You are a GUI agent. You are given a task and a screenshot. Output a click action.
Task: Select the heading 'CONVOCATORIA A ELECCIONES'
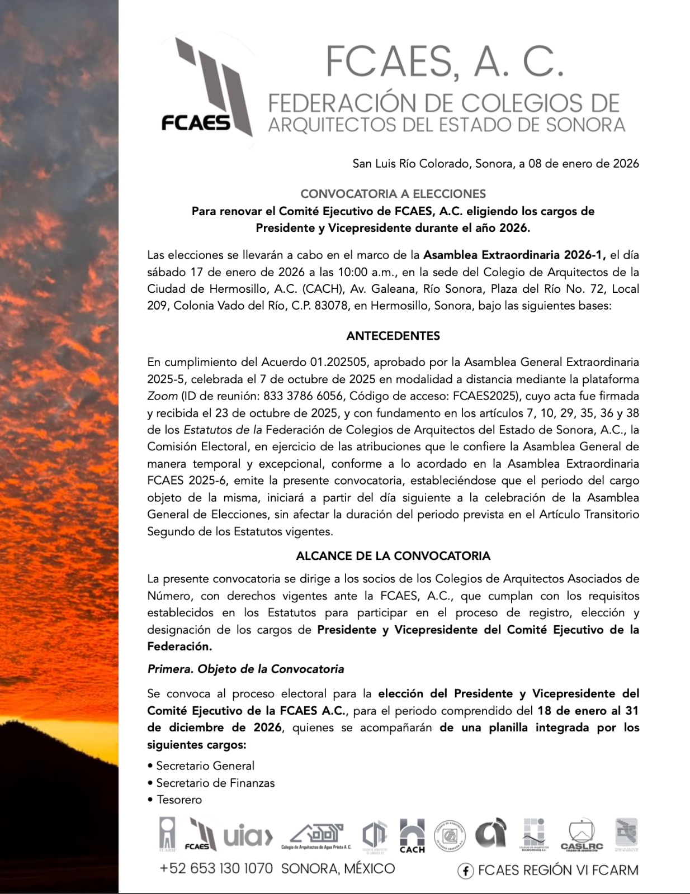393,194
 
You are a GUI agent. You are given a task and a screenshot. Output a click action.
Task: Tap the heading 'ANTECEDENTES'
393,336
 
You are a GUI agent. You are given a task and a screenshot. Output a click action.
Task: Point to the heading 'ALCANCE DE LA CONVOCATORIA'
393,556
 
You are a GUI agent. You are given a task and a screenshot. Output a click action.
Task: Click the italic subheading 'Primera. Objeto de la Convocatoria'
245,669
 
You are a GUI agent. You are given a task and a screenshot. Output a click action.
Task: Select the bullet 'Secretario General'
205,765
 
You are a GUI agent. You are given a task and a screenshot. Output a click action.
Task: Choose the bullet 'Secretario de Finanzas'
215,783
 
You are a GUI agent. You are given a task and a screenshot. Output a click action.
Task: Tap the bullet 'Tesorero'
179,800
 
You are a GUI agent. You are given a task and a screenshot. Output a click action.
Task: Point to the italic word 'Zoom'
162,396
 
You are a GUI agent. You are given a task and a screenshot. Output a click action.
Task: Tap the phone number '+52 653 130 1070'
216,868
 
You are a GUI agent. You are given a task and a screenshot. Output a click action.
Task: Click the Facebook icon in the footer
465,871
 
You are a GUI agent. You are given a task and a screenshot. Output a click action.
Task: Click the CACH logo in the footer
412,836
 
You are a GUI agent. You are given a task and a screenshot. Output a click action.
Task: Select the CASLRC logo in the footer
582,836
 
